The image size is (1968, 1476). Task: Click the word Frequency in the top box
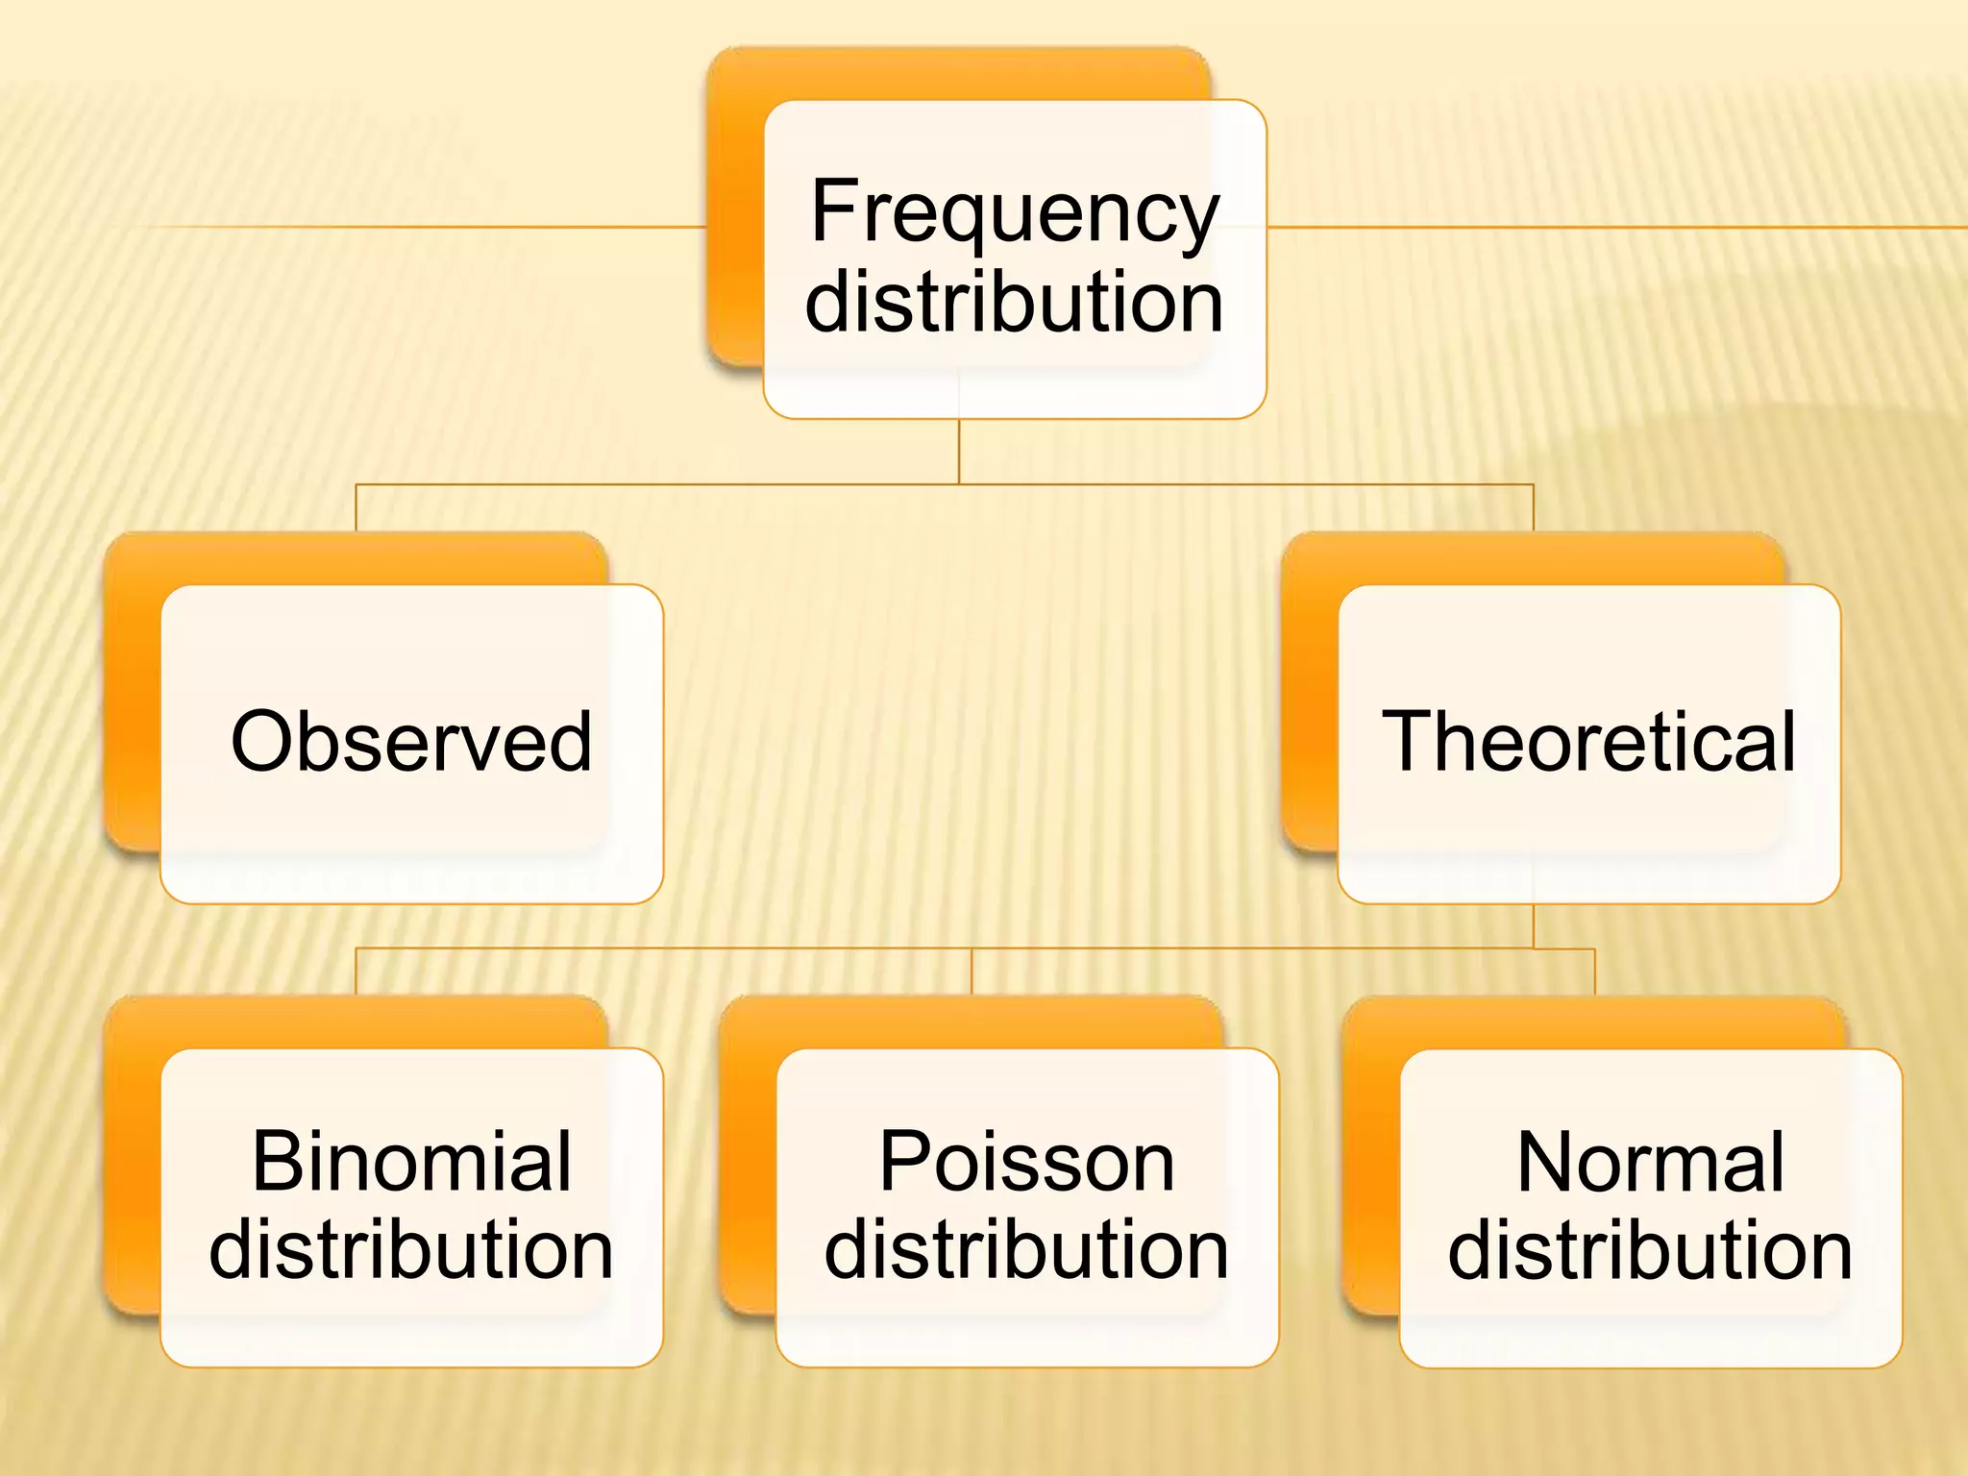click(1014, 213)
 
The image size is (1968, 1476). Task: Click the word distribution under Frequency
click(1014, 302)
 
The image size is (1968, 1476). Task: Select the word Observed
click(411, 741)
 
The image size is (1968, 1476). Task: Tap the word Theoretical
click(1588, 741)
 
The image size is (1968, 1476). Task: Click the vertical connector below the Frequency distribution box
click(959, 452)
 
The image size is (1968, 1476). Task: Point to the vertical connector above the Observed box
click(357, 507)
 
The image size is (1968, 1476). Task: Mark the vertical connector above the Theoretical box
click(1533, 507)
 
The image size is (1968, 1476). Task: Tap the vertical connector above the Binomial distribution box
click(357, 972)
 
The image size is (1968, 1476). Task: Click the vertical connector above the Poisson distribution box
click(972, 972)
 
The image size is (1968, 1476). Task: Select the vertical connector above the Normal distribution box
click(1595, 972)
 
